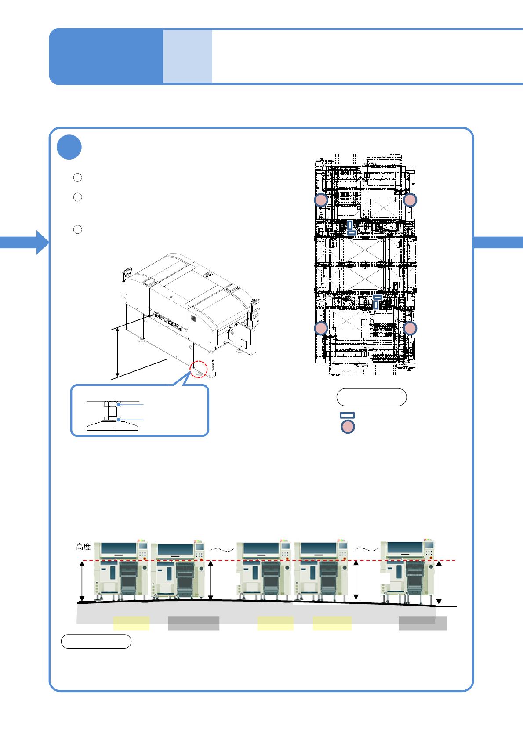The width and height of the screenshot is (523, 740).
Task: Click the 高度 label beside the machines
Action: click(x=83, y=547)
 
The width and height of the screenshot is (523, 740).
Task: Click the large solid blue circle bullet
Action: click(x=69, y=147)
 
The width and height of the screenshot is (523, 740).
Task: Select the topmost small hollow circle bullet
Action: click(x=78, y=178)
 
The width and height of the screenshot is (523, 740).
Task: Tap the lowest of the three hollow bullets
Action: click(x=78, y=229)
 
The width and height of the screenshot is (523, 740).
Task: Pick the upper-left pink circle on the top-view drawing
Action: click(x=321, y=200)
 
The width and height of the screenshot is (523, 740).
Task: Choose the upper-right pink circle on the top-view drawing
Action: click(x=410, y=200)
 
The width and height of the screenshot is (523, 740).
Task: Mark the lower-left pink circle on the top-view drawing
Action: click(x=321, y=328)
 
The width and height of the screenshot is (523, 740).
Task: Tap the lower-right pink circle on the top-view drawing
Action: click(x=410, y=328)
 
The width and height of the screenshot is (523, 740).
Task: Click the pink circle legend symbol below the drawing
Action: click(x=348, y=427)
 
